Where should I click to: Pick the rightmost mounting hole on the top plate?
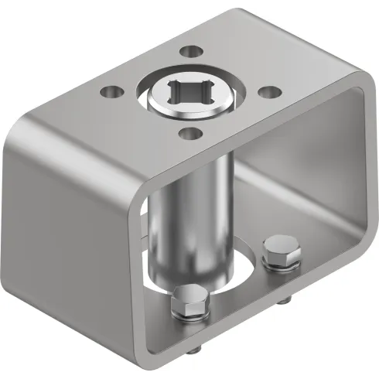268,90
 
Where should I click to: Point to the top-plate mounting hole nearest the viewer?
188,132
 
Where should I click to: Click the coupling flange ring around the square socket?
159,108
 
